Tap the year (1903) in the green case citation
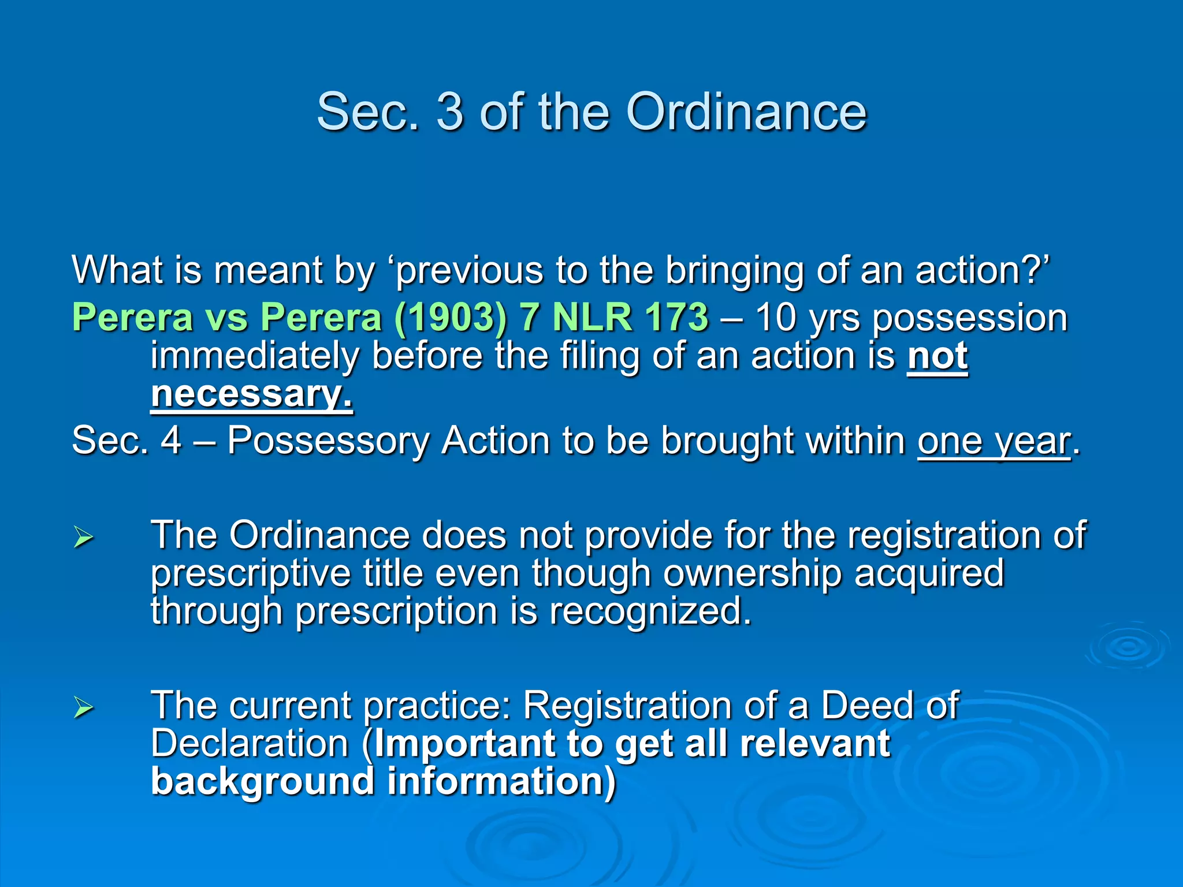pos(450,318)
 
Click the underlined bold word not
pos(937,356)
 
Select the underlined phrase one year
pos(994,441)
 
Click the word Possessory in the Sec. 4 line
pos(328,441)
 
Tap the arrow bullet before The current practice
pos(84,707)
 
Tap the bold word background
pos(262,781)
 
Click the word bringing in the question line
pos(734,270)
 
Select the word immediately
pos(255,356)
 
